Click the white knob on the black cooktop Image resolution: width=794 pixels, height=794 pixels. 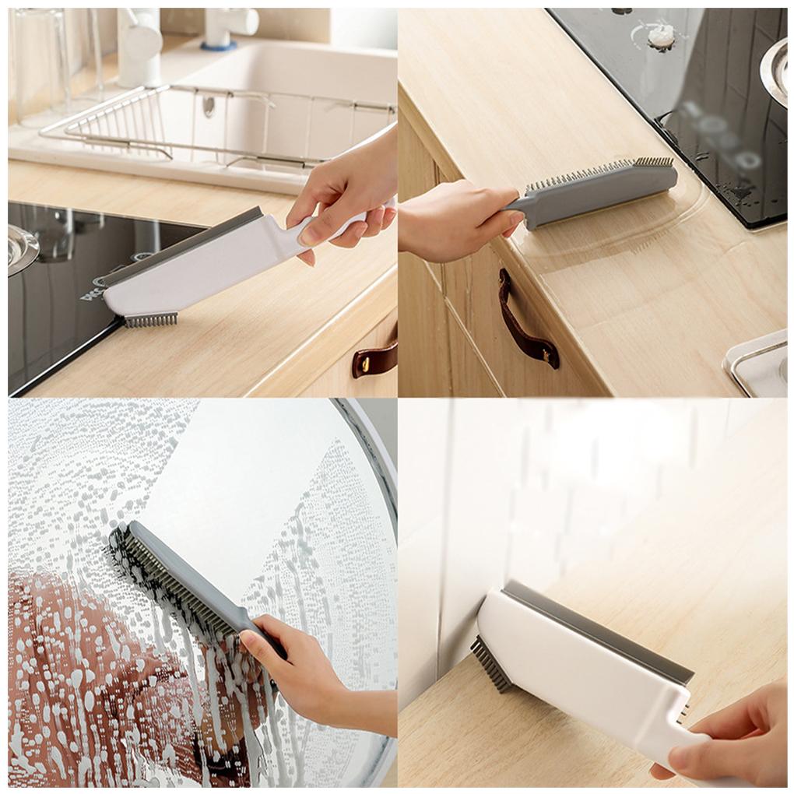[660, 34]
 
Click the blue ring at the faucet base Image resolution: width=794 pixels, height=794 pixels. [218, 45]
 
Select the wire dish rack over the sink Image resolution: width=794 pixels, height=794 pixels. [218, 125]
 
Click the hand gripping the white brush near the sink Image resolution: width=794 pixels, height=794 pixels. [343, 202]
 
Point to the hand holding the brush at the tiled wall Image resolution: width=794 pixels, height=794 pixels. [732, 736]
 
